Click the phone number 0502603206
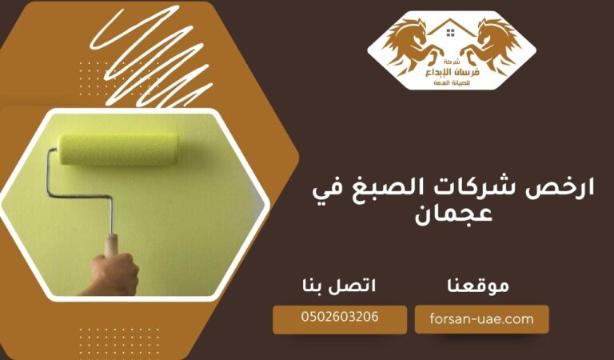pyautogui.click(x=341, y=318)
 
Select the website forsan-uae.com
pyautogui.click(x=482, y=318)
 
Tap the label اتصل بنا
pyautogui.click(x=339, y=285)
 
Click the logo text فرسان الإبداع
pyautogui.click(x=452, y=72)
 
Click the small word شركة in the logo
pyautogui.click(x=452, y=61)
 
